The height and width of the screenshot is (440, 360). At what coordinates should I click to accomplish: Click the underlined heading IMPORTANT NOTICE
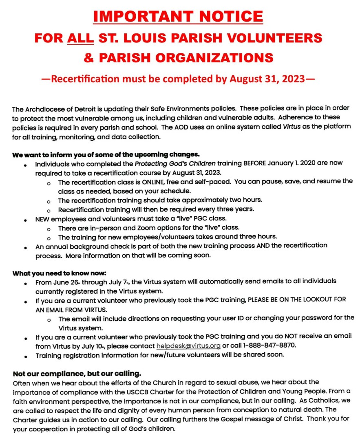click(x=177, y=16)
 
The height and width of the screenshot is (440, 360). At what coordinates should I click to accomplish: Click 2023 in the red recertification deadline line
click(x=291, y=79)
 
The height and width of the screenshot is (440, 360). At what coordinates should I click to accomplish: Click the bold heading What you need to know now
click(x=59, y=273)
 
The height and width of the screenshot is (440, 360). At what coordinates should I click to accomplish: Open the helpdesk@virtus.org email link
click(x=188, y=345)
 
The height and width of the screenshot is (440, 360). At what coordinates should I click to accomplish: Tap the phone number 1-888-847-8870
click(x=266, y=345)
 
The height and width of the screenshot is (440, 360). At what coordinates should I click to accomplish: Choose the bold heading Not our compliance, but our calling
click(x=77, y=374)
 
